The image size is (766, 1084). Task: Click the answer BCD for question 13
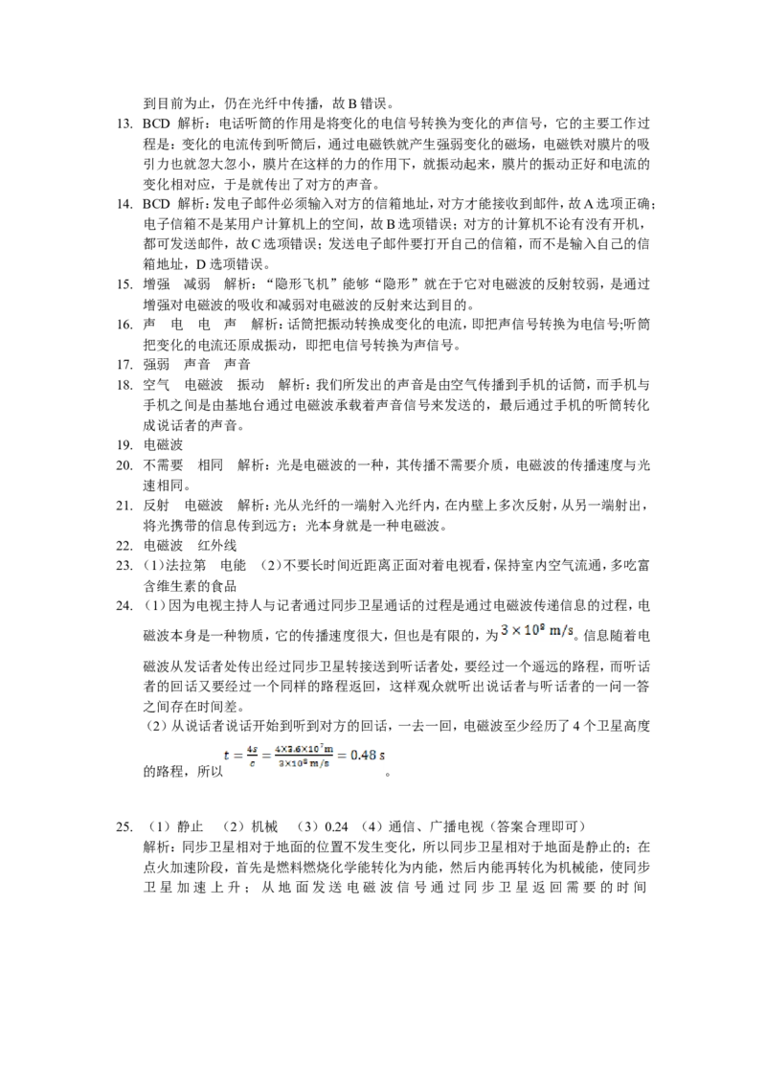(156, 124)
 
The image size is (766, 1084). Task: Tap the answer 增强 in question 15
(156, 284)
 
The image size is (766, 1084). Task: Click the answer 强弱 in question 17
(156, 364)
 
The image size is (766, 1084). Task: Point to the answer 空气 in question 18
(156, 384)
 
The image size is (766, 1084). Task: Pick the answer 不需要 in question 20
(163, 464)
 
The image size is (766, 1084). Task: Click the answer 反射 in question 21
(156, 506)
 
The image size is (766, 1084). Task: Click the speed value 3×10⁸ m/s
(538, 630)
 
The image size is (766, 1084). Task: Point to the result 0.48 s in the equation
(363, 755)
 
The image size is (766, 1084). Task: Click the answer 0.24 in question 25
(336, 826)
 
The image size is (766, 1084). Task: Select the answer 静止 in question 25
(191, 826)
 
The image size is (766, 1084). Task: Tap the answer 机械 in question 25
(264, 826)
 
